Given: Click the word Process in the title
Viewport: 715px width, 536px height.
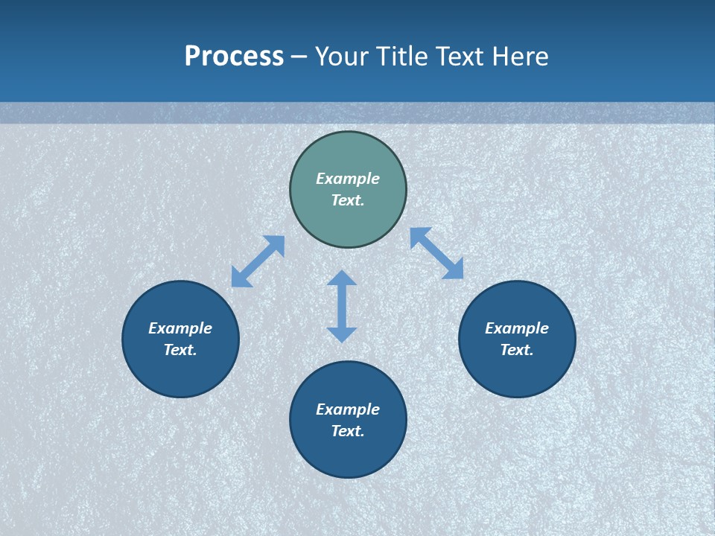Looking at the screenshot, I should point(234,57).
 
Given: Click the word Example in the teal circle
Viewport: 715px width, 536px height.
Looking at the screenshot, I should point(348,179).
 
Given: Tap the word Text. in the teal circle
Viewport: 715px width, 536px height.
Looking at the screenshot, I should point(348,200).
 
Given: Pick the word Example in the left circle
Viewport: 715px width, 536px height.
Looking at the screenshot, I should point(180,328).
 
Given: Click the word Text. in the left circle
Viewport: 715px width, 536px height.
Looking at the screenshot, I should point(180,350).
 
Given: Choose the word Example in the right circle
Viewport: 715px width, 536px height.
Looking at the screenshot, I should point(517,328).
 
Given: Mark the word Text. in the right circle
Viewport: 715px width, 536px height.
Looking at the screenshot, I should point(517,350).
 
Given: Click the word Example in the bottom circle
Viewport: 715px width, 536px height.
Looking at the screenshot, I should point(348,409).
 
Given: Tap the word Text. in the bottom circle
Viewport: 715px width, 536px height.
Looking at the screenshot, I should point(348,431).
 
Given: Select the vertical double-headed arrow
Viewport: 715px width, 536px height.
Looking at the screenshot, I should point(342,306).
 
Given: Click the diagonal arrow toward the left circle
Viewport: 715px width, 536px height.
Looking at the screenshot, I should point(258,261).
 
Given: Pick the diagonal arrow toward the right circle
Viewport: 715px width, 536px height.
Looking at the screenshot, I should point(436,253).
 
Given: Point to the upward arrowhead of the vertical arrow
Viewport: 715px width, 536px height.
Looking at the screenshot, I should point(342,278).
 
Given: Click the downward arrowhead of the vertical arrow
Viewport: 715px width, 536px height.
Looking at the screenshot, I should point(342,334).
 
